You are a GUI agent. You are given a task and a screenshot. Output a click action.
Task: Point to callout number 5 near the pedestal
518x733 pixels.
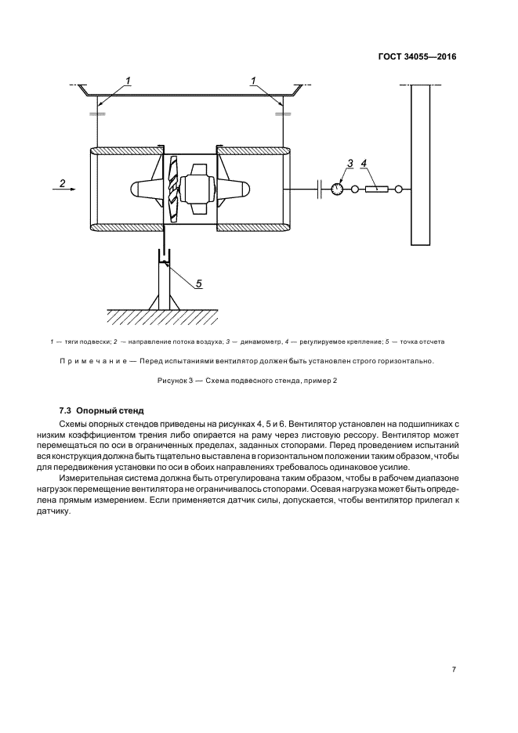tap(199, 283)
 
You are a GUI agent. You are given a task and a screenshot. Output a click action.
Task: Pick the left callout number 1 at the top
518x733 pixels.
tap(128, 80)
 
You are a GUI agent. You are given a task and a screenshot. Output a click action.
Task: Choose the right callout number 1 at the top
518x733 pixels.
tap(254, 80)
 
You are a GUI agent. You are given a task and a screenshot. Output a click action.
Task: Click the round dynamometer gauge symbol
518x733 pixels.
tap(336, 189)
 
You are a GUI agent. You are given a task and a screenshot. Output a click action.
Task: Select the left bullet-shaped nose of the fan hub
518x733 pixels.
tap(143, 189)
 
